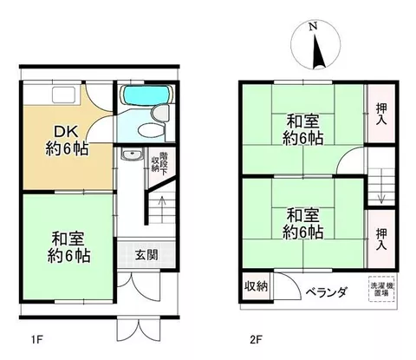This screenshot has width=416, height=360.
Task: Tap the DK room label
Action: (66, 132)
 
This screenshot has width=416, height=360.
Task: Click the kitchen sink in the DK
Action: (64, 95)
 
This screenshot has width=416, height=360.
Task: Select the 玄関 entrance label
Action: (146, 255)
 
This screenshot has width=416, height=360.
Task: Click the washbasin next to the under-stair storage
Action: (132, 154)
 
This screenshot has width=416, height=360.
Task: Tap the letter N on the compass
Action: (313, 26)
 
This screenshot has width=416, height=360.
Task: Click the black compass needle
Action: (318, 52)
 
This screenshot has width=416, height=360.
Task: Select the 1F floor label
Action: (36, 339)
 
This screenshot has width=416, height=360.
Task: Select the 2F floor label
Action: (256, 339)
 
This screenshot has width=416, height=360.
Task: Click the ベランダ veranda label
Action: (326, 292)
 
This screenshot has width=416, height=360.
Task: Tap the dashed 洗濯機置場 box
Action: (381, 290)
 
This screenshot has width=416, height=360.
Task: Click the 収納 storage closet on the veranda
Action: (257, 287)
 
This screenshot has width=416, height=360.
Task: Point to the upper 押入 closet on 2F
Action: (381, 114)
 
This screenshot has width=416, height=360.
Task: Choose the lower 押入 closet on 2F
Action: (381, 239)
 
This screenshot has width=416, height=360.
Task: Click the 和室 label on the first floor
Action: (68, 239)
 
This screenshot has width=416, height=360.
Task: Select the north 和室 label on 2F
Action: (302, 121)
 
